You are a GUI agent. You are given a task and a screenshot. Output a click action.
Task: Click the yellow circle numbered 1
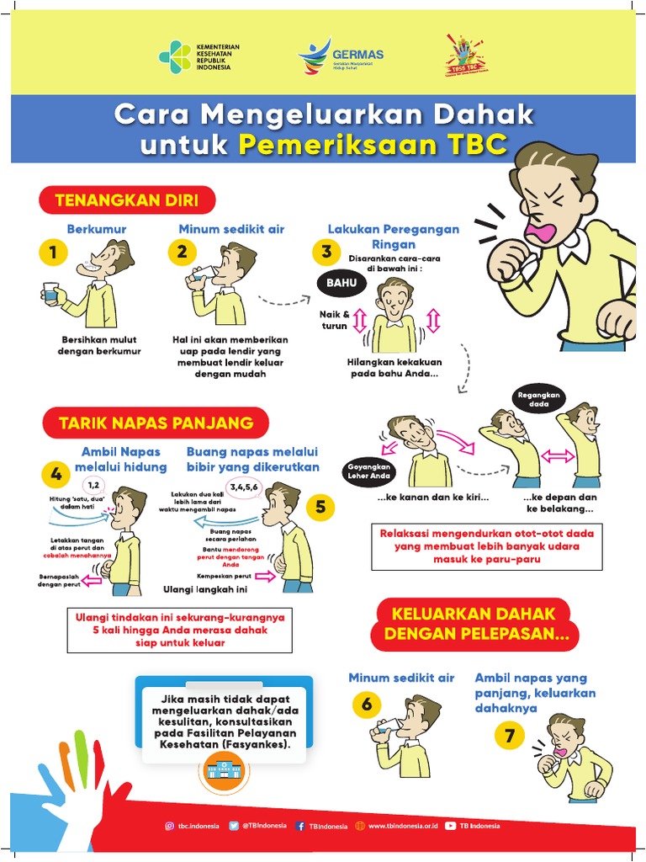pyautogui.click(x=52, y=252)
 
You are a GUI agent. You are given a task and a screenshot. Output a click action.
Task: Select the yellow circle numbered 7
pyautogui.click(x=509, y=737)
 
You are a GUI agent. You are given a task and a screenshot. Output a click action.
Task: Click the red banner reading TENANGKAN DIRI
pyautogui.click(x=126, y=200)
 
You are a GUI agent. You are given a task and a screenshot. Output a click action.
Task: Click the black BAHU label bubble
pyautogui.click(x=342, y=284)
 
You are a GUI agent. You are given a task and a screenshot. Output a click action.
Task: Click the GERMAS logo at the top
pyautogui.click(x=340, y=58)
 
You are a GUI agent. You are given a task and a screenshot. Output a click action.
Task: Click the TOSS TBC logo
pyautogui.click(x=465, y=56)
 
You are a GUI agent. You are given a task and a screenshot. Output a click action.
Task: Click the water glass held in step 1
pyautogui.click(x=50, y=293)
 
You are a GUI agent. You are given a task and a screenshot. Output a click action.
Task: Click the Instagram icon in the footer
pyautogui.click(x=169, y=826)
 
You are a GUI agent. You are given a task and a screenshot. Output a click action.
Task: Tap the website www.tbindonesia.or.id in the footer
pyautogui.click(x=400, y=826)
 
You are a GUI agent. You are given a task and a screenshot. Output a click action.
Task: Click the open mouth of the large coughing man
pyautogui.click(x=535, y=229)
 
